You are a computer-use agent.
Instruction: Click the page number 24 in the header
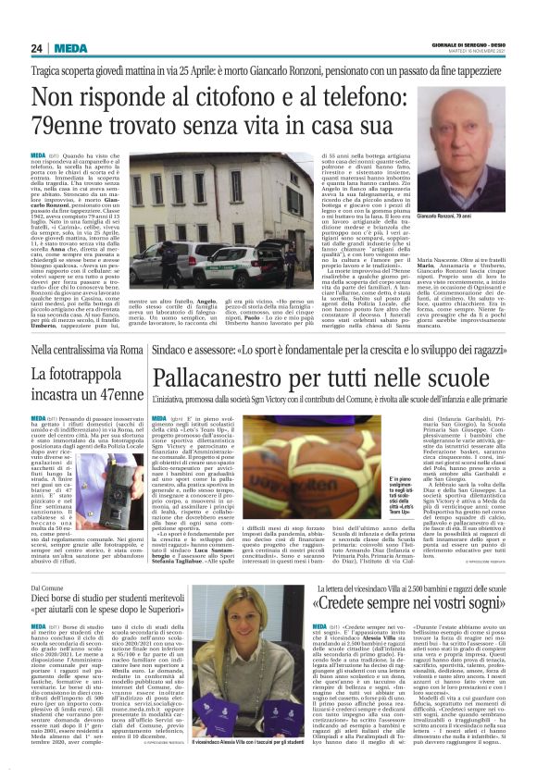tap(36, 48)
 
